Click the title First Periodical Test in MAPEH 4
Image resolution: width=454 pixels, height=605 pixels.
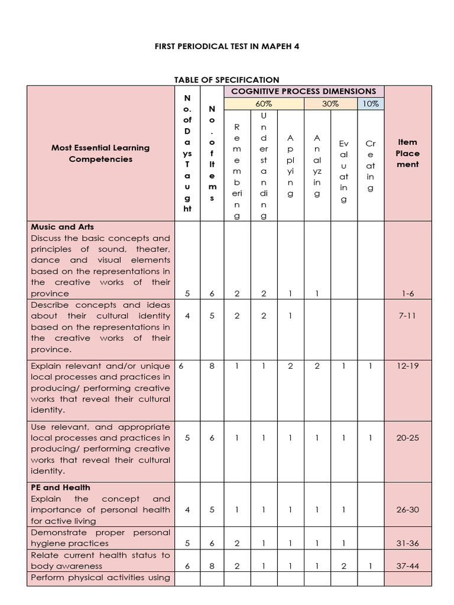pos(226,45)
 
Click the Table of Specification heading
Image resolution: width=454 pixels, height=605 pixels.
pos(226,80)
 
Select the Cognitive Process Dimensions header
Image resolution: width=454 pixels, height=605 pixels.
pos(303,91)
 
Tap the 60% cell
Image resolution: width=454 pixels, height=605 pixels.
pos(264,103)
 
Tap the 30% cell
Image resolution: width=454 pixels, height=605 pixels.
pos(330,103)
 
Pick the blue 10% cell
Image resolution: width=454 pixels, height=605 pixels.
pos(370,103)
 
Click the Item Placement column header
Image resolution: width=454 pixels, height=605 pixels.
pos(407,153)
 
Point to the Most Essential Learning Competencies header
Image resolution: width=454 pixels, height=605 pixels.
pos(100,153)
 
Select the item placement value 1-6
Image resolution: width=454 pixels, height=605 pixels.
pos(407,293)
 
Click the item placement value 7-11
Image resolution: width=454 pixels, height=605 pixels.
pos(407,315)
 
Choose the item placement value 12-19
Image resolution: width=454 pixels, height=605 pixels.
pos(407,366)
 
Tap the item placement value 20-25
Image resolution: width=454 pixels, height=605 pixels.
pos(407,438)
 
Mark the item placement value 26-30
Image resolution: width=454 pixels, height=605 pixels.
pos(407,510)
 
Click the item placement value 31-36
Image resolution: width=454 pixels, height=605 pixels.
pos(407,544)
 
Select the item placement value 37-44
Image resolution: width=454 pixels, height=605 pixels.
pos(407,566)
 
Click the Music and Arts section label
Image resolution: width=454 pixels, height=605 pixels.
pos(63,226)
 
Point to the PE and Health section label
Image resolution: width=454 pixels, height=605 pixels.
pos(61,487)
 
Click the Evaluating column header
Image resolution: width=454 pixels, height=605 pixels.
pos(344,171)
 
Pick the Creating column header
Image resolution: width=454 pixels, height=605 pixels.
pos(371,165)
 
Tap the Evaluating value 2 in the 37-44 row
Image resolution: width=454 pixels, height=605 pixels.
pos(344,566)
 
